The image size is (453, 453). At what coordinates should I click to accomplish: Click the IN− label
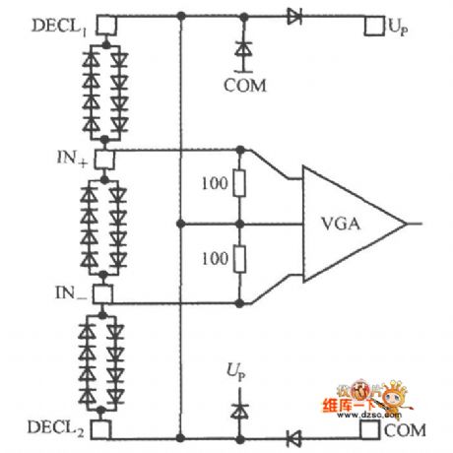pyautogui.click(x=75, y=292)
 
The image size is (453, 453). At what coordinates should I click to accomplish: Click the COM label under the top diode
pyautogui.click(x=241, y=85)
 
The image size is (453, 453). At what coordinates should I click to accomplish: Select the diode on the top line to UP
pyautogui.click(x=294, y=16)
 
